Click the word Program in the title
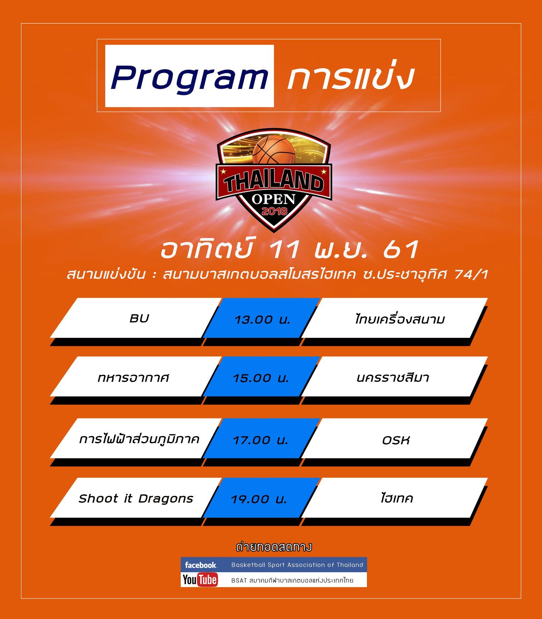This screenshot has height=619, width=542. point(189,78)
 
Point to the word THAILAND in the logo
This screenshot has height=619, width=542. point(274,182)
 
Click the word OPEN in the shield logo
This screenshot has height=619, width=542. point(274,199)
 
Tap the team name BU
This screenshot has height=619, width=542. point(139,318)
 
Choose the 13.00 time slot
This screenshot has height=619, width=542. point(262,320)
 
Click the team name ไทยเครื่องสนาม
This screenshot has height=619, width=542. point(399,319)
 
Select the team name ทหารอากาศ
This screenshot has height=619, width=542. point(133,378)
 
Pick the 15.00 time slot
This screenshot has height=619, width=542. point(261,378)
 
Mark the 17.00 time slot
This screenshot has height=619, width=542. point(260,440)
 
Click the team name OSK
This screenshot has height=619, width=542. point(396,440)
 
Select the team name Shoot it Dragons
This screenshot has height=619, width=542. point(136,498)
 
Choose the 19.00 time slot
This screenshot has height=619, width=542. point(259,499)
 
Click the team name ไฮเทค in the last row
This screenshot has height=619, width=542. point(397,497)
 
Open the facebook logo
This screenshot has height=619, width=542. point(201,565)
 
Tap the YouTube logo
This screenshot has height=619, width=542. point(200,580)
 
